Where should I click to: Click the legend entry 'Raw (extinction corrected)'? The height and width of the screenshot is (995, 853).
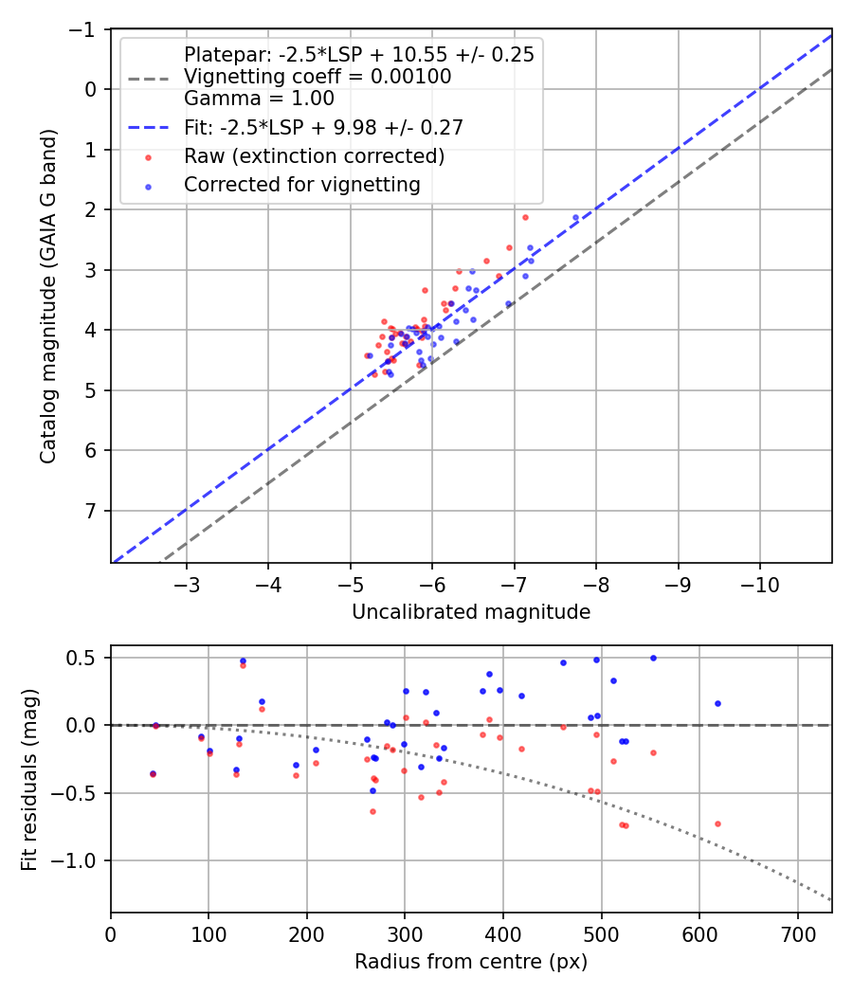[x=315, y=155]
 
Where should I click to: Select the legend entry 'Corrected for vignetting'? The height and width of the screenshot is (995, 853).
[x=302, y=185]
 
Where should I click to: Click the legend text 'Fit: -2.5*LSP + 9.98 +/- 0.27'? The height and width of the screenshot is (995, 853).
[x=323, y=126]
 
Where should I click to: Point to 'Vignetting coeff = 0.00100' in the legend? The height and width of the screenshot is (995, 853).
[x=318, y=77]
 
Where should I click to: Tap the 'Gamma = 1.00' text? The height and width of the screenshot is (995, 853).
[x=259, y=98]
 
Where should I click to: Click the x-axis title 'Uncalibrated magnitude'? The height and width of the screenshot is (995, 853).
[x=471, y=612]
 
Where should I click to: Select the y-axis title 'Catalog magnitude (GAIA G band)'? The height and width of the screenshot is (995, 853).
[x=48, y=297]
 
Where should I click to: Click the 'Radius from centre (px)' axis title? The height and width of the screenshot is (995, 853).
[x=471, y=962]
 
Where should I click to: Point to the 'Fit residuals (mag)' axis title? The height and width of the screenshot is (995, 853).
[x=29, y=779]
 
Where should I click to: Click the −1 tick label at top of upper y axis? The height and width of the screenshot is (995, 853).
[x=84, y=29]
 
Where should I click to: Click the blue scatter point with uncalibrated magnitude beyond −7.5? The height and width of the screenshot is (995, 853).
[x=575, y=218]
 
